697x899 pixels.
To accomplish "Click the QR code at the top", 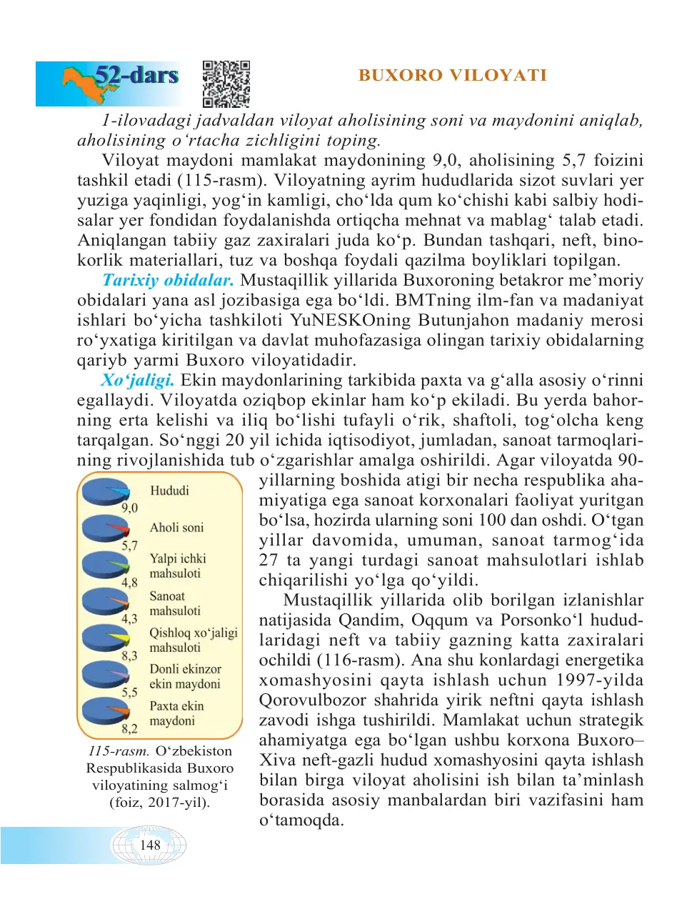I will pyautogui.click(x=226, y=84).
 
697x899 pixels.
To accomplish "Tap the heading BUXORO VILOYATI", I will pyautogui.click(x=453, y=75).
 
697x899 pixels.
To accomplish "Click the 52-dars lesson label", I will pyautogui.click(x=136, y=75).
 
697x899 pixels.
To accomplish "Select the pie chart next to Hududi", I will pyautogui.click(x=105, y=492).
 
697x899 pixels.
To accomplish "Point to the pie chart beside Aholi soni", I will pyautogui.click(x=105, y=529).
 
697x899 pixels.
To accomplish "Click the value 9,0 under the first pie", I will pyautogui.click(x=129, y=508).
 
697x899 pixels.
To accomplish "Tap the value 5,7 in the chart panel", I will pyautogui.click(x=129, y=546).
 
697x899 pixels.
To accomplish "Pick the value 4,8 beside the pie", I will pyautogui.click(x=129, y=583).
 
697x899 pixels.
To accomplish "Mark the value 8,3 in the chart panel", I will pyautogui.click(x=129, y=656).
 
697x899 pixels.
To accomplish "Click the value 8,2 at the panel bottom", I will pyautogui.click(x=129, y=728).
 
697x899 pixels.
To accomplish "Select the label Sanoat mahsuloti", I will pyautogui.click(x=175, y=603).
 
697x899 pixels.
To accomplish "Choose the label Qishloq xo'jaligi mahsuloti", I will pyautogui.click(x=193, y=640).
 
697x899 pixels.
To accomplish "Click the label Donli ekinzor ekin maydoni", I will pyautogui.click(x=185, y=676).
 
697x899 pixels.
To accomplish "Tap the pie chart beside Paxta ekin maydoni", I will pyautogui.click(x=105, y=711).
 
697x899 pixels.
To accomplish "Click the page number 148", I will pyautogui.click(x=150, y=845).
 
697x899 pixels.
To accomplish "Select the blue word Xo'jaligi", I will pyautogui.click(x=137, y=380).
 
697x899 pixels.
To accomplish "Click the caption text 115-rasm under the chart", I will pyautogui.click(x=119, y=751).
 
